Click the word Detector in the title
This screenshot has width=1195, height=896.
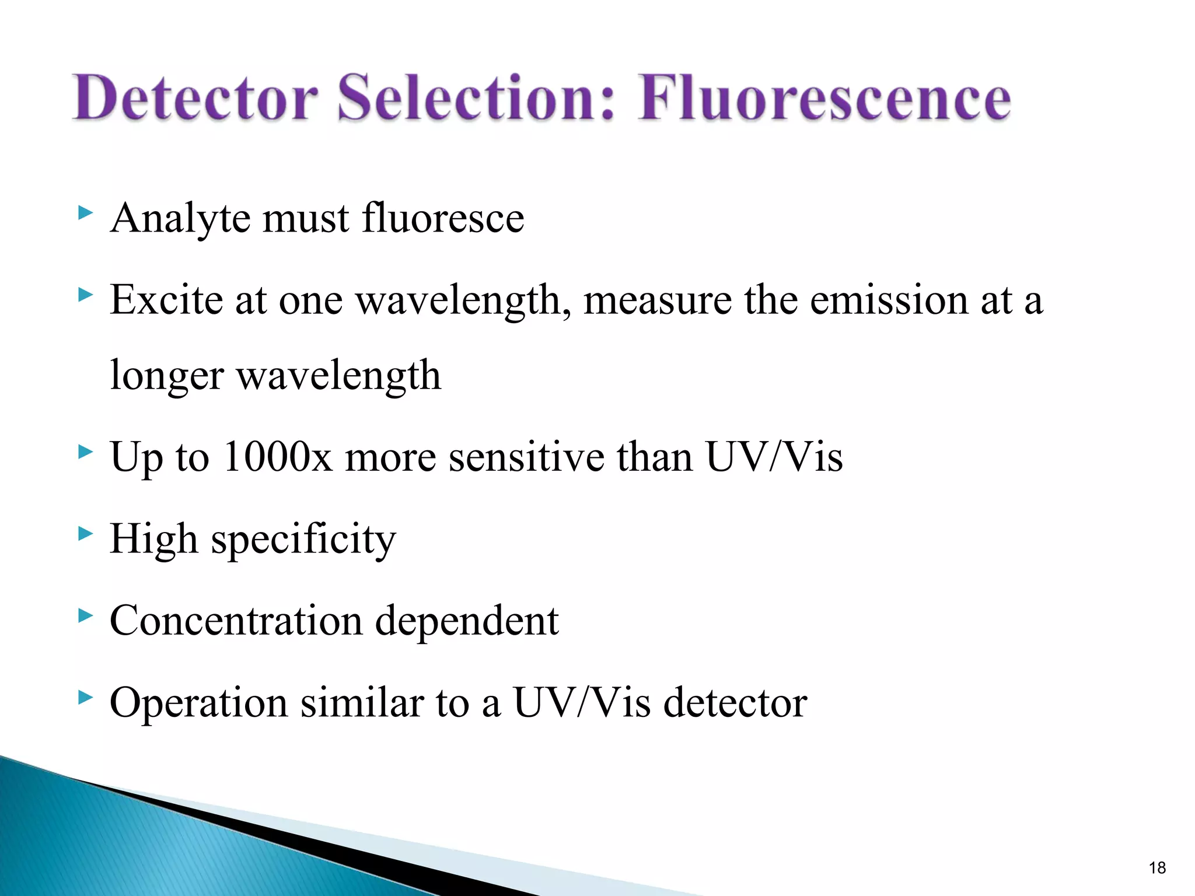[x=195, y=97]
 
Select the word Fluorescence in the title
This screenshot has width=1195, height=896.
[x=824, y=97]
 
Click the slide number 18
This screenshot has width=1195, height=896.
[x=1157, y=868]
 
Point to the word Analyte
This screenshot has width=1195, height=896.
[x=181, y=219]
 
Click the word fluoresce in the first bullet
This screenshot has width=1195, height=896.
[x=443, y=218]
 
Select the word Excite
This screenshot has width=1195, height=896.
[x=166, y=300]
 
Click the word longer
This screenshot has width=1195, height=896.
[x=167, y=377]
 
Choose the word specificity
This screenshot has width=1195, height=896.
[x=303, y=540]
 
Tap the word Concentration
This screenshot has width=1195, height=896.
[x=236, y=621]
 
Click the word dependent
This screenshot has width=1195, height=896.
[x=467, y=621]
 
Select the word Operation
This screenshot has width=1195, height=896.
[x=198, y=703]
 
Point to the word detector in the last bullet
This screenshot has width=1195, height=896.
[x=735, y=702]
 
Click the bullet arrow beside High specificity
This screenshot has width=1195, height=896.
[x=85, y=533]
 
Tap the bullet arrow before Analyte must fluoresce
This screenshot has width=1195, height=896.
[x=85, y=213]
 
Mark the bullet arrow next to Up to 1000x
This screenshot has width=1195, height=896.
[x=85, y=451]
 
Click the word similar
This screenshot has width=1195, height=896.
[x=362, y=702]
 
